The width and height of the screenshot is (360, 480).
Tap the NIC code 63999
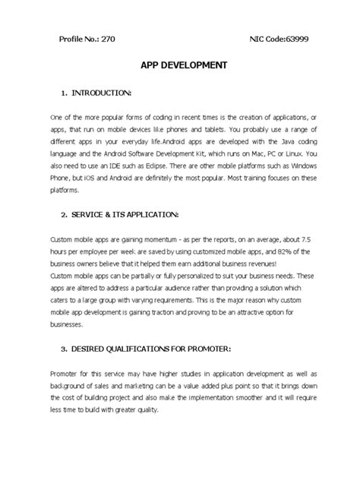pos(292,38)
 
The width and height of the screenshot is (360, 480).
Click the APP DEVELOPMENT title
pos(179,65)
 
